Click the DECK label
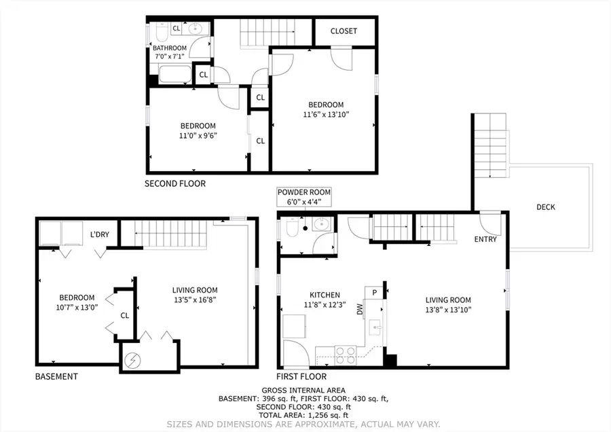click(545, 207)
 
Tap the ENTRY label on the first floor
click(485, 239)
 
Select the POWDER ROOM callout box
click(304, 197)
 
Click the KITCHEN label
click(325, 295)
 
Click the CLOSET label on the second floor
click(344, 31)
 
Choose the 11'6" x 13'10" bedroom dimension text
click(326, 115)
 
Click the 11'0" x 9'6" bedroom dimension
click(198, 135)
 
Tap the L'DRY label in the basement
click(100, 235)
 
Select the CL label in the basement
click(124, 315)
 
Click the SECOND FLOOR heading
click(175, 183)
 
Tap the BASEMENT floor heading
click(56, 376)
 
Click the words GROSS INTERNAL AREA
click(304, 390)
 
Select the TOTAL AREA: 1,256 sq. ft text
click(304, 415)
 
